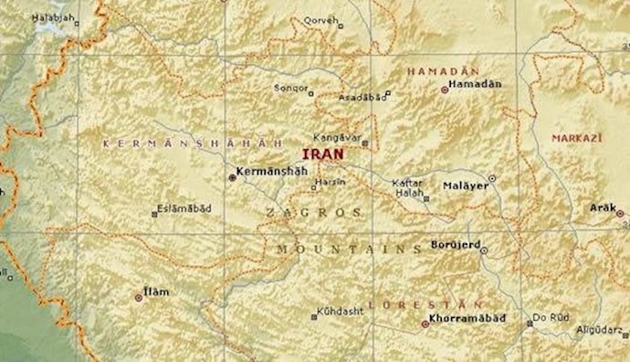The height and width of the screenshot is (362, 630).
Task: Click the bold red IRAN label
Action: [323, 154]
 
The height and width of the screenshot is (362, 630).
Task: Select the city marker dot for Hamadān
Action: [445, 90]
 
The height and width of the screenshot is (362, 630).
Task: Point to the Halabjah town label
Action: [51, 17]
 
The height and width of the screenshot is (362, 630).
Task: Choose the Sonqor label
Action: [291, 88]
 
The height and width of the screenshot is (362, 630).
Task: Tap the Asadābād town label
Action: [362, 96]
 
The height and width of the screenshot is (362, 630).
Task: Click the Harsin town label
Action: [330, 182]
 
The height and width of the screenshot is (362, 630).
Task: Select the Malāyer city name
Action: [466, 186]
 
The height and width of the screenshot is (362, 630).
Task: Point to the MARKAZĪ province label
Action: [574, 137]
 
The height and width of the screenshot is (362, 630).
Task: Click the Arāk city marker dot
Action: [620, 214]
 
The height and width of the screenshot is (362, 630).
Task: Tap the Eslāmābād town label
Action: [184, 208]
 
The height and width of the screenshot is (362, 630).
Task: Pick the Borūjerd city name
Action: [454, 245]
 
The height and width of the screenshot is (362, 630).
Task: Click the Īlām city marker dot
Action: [139, 297]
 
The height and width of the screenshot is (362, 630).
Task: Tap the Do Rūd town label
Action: [551, 317]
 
